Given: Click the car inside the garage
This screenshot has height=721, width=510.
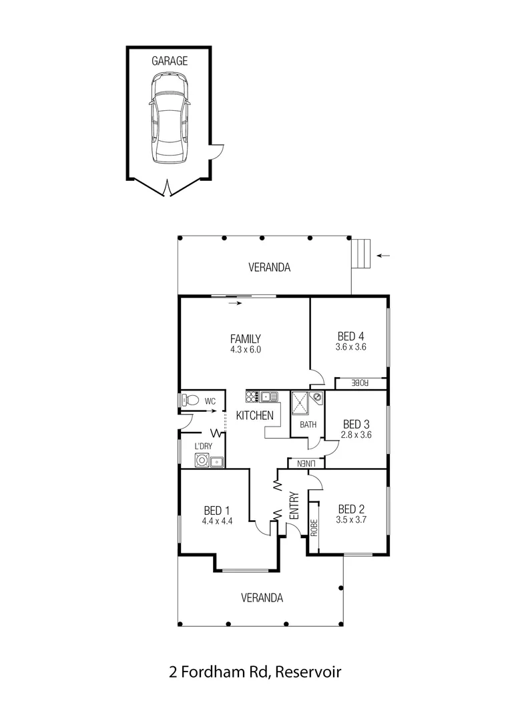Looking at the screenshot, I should tap(169, 118).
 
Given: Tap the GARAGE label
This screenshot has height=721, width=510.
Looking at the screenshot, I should tap(169, 61).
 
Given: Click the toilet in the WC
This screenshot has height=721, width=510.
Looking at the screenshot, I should tap(190, 401).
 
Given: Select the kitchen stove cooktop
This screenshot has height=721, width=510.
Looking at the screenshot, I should tap(252, 397).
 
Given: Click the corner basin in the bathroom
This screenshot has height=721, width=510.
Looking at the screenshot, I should tap(317, 397).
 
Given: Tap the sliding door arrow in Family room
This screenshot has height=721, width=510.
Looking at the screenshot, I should tap(234, 303).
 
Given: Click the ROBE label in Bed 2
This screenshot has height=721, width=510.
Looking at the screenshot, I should tap(313, 527).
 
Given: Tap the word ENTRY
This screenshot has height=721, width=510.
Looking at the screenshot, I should tap(294, 507).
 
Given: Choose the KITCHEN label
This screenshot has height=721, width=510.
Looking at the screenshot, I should tap(255, 415).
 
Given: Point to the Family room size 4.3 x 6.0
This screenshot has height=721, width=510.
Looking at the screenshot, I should tap(245, 348).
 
